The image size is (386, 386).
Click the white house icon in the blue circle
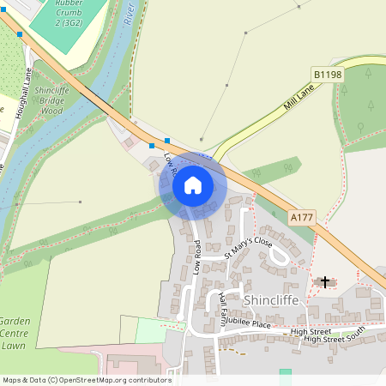coord(193,185)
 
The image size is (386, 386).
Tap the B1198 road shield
coord(328,75)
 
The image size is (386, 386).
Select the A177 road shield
coord(301,219)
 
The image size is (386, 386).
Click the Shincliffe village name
coord(274,301)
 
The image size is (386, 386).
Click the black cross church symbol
coord(324,281)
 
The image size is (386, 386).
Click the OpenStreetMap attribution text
coord(86,380)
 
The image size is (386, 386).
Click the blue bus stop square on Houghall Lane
coord(20,34)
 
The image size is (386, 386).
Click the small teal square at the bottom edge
coord(285,374)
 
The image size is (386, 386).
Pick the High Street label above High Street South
coord(311,331)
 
